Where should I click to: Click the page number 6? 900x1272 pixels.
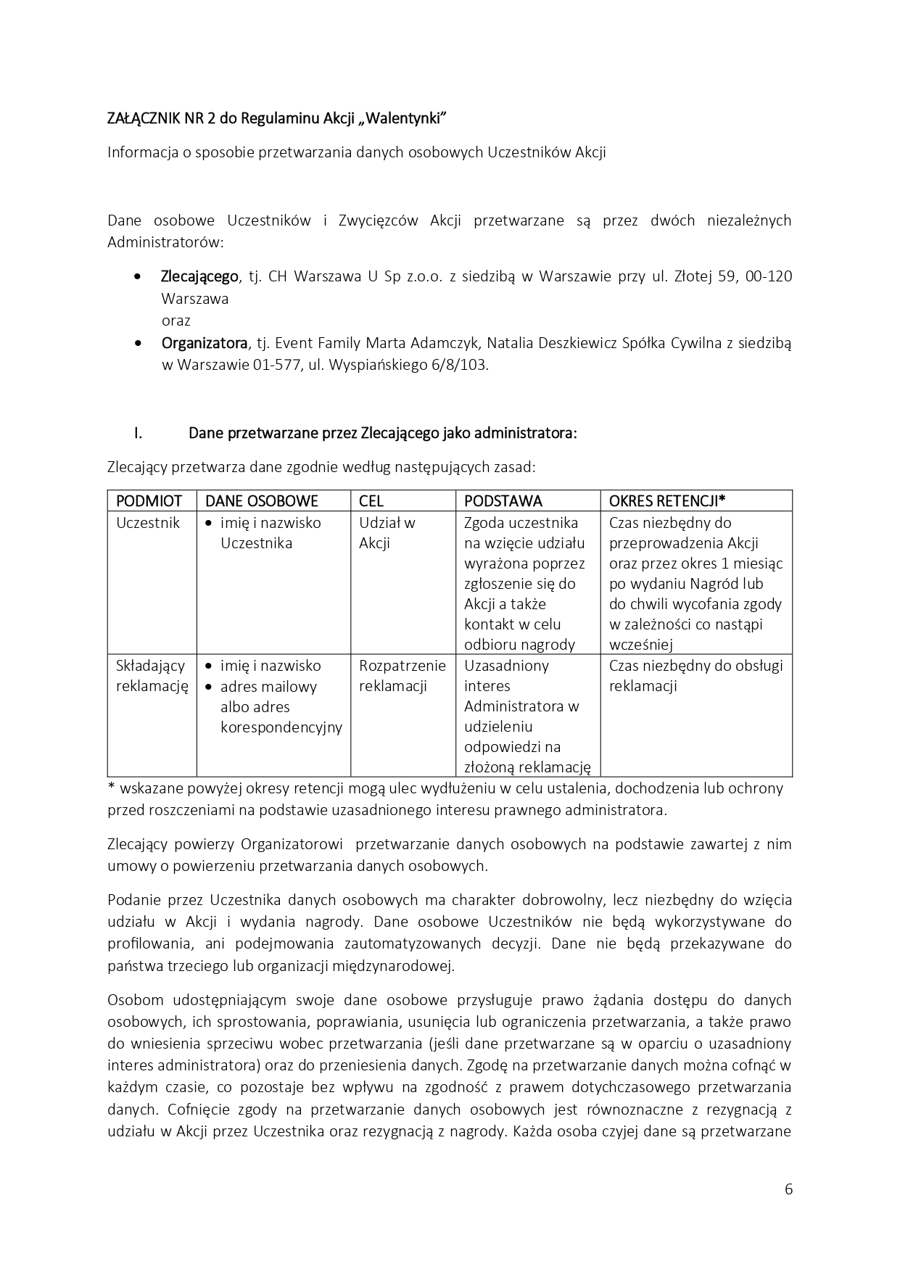788,1189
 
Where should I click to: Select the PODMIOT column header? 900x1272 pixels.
149,501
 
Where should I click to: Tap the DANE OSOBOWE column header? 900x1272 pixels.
262,501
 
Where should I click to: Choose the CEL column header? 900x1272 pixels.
371,501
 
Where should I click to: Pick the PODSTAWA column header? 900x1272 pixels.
503,501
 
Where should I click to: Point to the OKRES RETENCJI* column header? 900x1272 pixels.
667,501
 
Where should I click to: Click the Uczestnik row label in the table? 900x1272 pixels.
148,523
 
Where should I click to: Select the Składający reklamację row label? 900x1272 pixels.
152,676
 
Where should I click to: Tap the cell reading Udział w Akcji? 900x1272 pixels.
387,533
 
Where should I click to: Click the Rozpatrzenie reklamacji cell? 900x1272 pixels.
402,676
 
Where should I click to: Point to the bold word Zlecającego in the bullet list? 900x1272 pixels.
199,276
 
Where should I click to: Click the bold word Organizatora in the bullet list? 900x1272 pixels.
204,343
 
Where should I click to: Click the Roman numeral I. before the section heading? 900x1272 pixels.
137,434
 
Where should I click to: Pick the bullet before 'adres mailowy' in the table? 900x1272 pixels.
209,687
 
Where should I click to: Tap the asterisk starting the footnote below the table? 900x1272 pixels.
111,787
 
